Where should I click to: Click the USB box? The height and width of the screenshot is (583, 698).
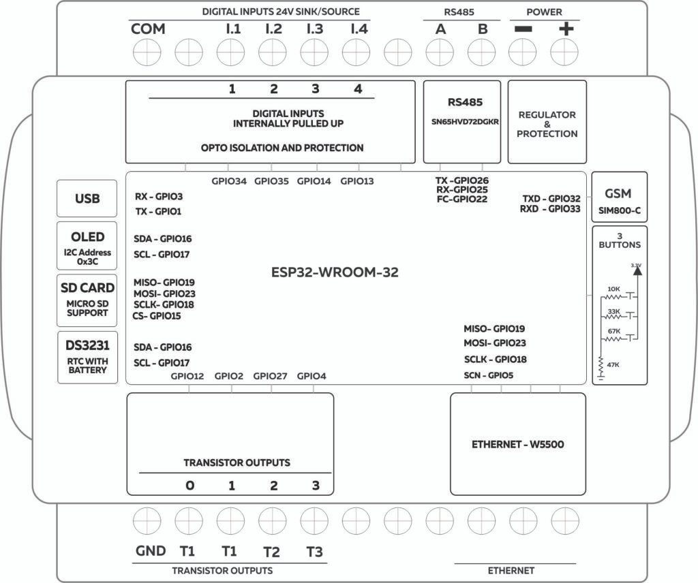pos(87,199)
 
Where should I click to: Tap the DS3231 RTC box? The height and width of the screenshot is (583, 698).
pos(88,357)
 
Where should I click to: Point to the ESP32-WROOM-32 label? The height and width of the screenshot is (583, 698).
pos(334,272)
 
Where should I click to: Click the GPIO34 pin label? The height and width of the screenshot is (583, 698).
pos(229,181)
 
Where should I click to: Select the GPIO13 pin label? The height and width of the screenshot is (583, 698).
pos(357,181)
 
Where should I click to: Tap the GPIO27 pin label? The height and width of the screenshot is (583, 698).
pos(271,376)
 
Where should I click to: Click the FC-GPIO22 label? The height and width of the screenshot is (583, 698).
pos(462,200)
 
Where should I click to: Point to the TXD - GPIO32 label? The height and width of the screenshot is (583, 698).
pos(551,199)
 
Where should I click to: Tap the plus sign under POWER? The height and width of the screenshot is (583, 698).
pos(566,31)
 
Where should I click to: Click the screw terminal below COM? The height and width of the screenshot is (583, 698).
pos(147,51)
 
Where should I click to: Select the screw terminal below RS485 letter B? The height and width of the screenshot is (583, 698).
pos(482,51)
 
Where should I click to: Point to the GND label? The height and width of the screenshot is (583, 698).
pos(150,552)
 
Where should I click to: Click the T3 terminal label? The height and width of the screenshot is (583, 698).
pos(314,552)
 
